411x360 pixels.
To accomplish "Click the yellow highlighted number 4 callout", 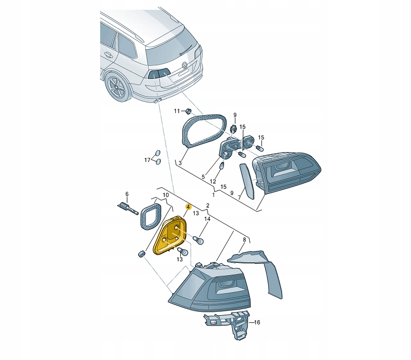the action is click(x=188, y=207).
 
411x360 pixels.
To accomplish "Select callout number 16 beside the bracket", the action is click(x=257, y=322).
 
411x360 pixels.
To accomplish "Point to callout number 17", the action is click(x=147, y=160).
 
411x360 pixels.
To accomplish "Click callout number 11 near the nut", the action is click(x=177, y=111).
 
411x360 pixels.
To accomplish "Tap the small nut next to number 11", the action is click(x=188, y=111).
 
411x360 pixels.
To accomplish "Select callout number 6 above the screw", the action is click(x=127, y=194).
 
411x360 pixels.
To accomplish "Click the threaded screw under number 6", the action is click(x=127, y=208).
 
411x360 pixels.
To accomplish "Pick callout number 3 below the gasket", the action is click(x=180, y=163).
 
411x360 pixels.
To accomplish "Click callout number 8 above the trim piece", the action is click(x=245, y=239).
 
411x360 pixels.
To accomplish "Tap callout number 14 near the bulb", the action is click(x=207, y=219).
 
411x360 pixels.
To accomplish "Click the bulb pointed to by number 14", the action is click(x=198, y=240).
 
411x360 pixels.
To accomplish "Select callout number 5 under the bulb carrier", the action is click(x=203, y=177).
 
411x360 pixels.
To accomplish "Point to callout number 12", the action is click(x=213, y=182).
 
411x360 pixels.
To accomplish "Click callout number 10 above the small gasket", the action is click(x=165, y=195).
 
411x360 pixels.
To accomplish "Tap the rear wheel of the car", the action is click(x=118, y=86).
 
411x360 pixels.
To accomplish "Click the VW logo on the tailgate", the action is click(x=185, y=65).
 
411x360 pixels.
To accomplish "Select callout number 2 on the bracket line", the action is click(x=208, y=205).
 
